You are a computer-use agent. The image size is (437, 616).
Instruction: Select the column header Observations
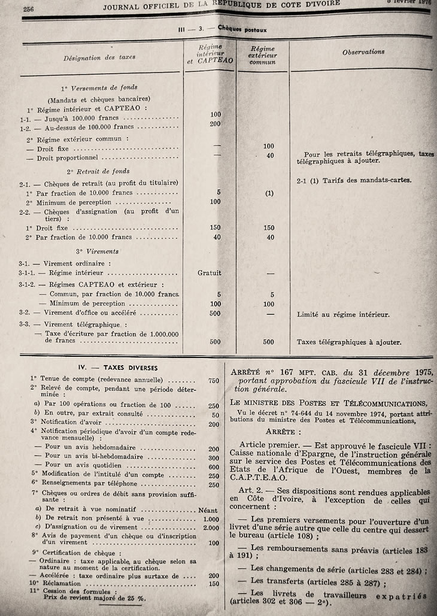[363, 52]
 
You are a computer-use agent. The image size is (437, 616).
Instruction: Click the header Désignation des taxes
[99, 57]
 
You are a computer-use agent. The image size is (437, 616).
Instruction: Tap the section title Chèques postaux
[242, 29]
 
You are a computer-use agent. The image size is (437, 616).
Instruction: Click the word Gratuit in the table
[210, 273]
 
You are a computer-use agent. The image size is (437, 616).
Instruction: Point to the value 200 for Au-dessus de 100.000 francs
[216, 124]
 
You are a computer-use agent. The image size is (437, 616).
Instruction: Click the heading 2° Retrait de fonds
[98, 171]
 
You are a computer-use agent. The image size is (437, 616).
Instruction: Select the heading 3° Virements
[97, 252]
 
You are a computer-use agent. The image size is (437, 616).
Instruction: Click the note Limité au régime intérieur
[343, 314]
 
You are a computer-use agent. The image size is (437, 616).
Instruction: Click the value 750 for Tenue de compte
[213, 380]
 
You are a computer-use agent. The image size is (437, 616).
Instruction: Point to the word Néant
[208, 511]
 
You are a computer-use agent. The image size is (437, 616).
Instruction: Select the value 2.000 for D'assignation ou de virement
[211, 527]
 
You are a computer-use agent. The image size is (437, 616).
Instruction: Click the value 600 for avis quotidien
[213, 467]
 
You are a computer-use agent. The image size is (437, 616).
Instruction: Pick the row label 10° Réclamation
[55, 583]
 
